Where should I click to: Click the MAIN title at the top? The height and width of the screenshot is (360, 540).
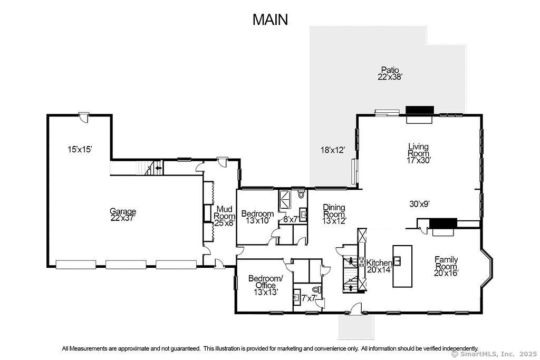pyautogui.click(x=270, y=20)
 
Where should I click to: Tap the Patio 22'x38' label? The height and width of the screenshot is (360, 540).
pyautogui.click(x=390, y=73)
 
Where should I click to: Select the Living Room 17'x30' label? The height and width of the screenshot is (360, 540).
pyautogui.click(x=418, y=153)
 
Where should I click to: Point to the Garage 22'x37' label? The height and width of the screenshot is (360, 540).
pyautogui.click(x=123, y=214)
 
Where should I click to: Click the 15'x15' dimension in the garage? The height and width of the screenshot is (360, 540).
pyautogui.click(x=80, y=149)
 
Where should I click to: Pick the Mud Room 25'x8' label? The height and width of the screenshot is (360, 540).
pyautogui.click(x=225, y=216)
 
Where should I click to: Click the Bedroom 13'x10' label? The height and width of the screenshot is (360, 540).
pyautogui.click(x=257, y=217)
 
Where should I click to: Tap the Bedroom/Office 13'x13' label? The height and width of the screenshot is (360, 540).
pyautogui.click(x=266, y=285)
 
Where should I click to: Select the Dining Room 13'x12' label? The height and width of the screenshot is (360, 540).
pyautogui.click(x=334, y=214)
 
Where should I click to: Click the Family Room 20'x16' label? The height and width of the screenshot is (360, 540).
pyautogui.click(x=446, y=266)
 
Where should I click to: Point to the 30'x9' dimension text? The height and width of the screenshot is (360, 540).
pyautogui.click(x=419, y=204)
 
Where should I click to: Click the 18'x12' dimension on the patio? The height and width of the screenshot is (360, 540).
pyautogui.click(x=333, y=150)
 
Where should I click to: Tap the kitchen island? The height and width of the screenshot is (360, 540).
pyautogui.click(x=402, y=266)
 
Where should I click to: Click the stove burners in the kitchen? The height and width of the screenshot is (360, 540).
pyautogui.click(x=362, y=261)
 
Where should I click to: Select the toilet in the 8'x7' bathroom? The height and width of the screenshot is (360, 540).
pyautogui.click(x=301, y=194)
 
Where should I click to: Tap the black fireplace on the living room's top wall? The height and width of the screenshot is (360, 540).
pyautogui.click(x=419, y=110)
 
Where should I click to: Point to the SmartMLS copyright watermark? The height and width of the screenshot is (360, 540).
pyautogui.click(x=494, y=354)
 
